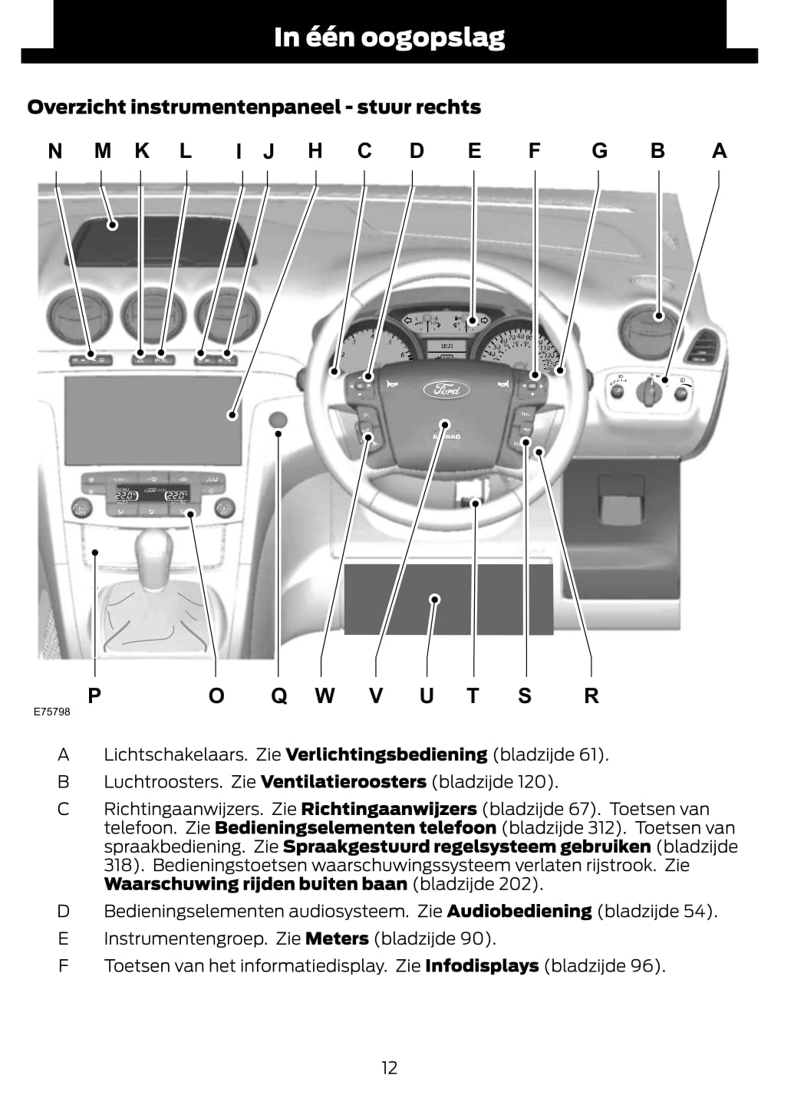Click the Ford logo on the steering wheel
click(446, 390)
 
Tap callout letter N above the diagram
click(55, 151)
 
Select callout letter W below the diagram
click(325, 695)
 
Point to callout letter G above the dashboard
click(599, 151)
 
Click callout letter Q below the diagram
click(278, 695)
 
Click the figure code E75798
click(51, 712)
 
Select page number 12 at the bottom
click(389, 1067)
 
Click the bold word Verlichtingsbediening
click(386, 754)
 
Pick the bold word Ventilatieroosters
click(343, 782)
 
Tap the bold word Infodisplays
click(482, 966)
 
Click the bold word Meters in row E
click(337, 938)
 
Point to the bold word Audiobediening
click(519, 912)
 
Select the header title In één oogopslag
click(389, 37)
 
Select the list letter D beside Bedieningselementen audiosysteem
click(64, 912)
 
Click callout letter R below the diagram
click(591, 695)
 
